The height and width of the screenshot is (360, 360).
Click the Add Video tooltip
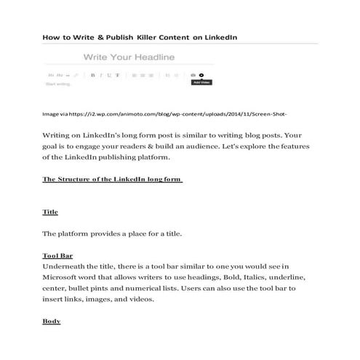tap(201, 82)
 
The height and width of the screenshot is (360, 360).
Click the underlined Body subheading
tap(52, 321)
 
